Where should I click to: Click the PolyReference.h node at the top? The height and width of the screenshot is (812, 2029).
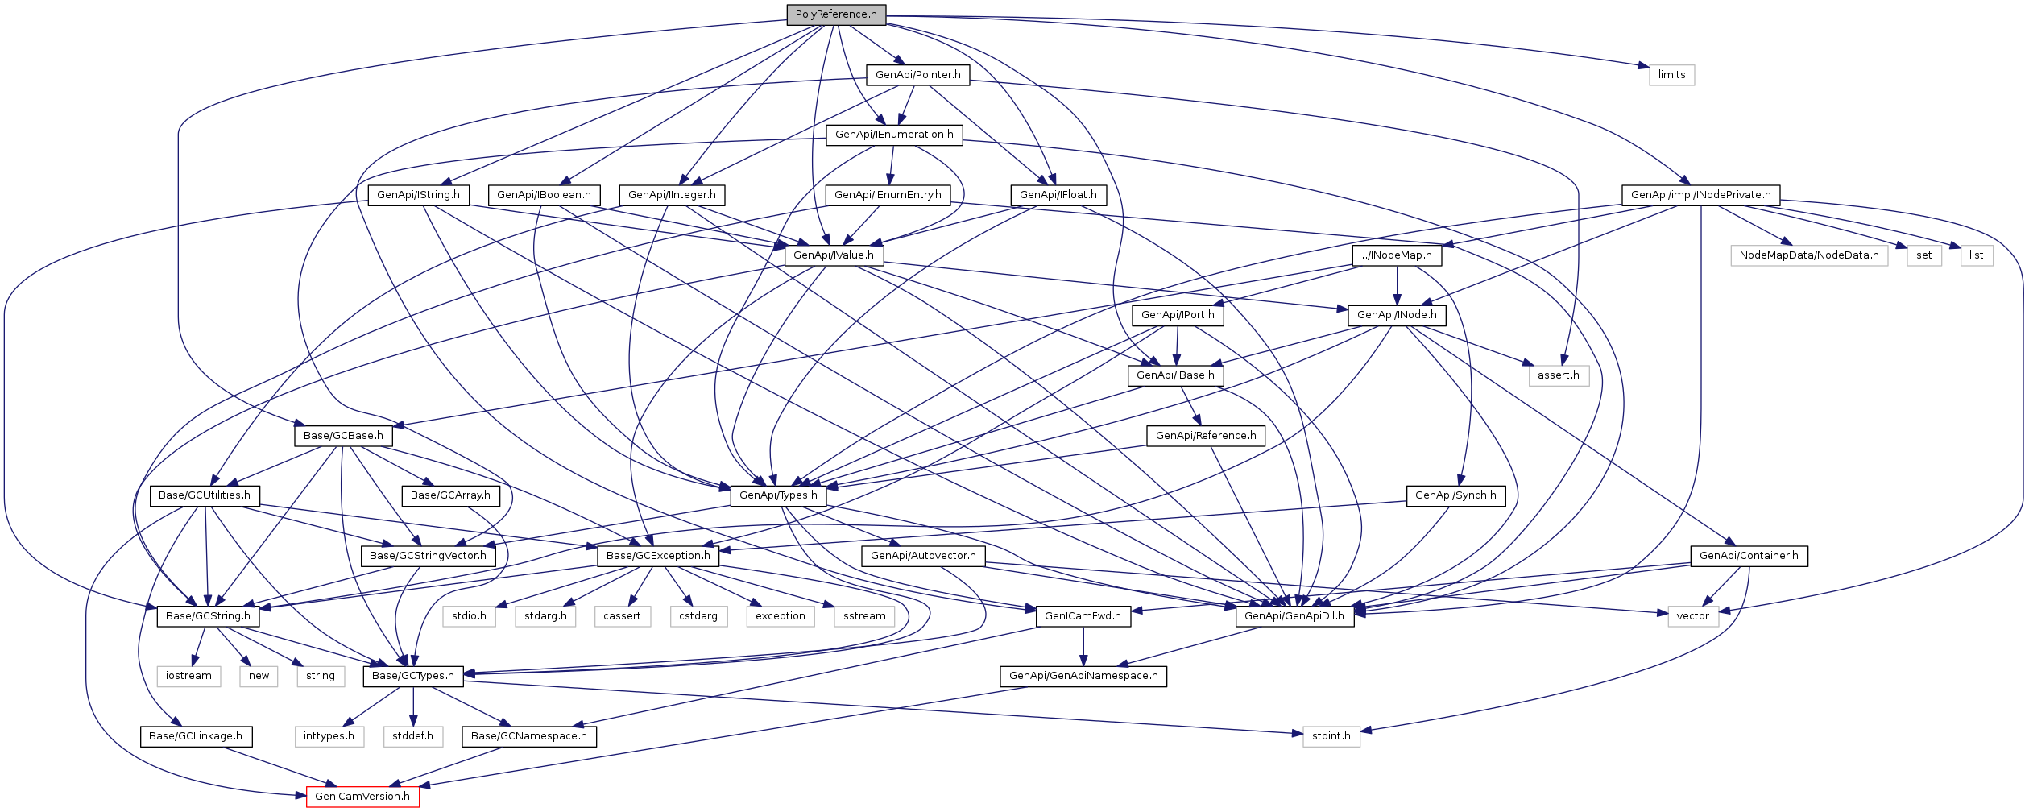(836, 14)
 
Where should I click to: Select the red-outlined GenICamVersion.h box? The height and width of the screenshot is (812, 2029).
(362, 797)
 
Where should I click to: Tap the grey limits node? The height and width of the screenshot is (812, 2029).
(1671, 75)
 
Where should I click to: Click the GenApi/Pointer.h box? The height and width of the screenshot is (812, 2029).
(917, 75)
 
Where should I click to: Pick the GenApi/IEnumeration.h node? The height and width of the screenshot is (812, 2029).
(894, 135)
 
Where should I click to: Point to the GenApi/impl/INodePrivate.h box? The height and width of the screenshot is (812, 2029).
(1700, 195)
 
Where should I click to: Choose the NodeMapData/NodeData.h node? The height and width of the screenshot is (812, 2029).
(1808, 255)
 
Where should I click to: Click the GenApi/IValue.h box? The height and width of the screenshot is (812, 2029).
(834, 255)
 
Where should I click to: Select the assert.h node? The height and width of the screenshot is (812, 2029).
(1558, 375)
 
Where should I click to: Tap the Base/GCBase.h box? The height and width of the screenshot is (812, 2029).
(343, 436)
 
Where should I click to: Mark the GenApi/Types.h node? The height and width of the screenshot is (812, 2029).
(778, 495)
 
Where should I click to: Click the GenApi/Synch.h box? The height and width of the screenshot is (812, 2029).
(1455, 495)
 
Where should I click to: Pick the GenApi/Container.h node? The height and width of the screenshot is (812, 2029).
(1749, 556)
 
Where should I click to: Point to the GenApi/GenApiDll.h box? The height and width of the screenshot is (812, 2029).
(1294, 616)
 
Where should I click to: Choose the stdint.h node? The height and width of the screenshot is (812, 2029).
(1331, 736)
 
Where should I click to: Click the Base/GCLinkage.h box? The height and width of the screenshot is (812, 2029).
(196, 736)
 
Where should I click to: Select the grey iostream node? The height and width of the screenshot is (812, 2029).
(188, 676)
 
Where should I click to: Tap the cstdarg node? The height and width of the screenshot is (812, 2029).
(698, 616)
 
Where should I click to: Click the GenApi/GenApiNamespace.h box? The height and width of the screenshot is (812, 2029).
(1083, 676)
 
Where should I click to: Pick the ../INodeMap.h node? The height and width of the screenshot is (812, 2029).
(1397, 255)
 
